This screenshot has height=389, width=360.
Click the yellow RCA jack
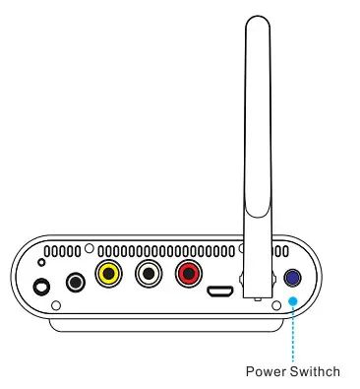click(108, 274)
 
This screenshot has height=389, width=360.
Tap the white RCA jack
click(148, 274)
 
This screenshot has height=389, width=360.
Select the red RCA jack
click(187, 274)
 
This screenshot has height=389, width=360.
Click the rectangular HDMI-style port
click(219, 292)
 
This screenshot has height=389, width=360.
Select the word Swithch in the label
click(317, 371)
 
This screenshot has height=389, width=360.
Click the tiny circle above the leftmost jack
click(40, 263)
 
